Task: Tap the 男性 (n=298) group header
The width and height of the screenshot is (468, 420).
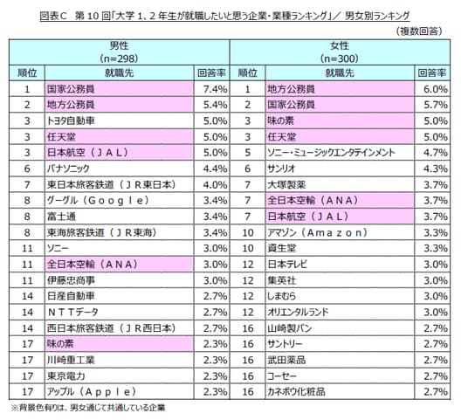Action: coord(119,52)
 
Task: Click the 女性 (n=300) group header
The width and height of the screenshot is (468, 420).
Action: coord(340,52)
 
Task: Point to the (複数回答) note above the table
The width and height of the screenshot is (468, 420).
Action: coord(419,31)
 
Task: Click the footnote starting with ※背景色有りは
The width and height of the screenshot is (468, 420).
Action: coord(88,408)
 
